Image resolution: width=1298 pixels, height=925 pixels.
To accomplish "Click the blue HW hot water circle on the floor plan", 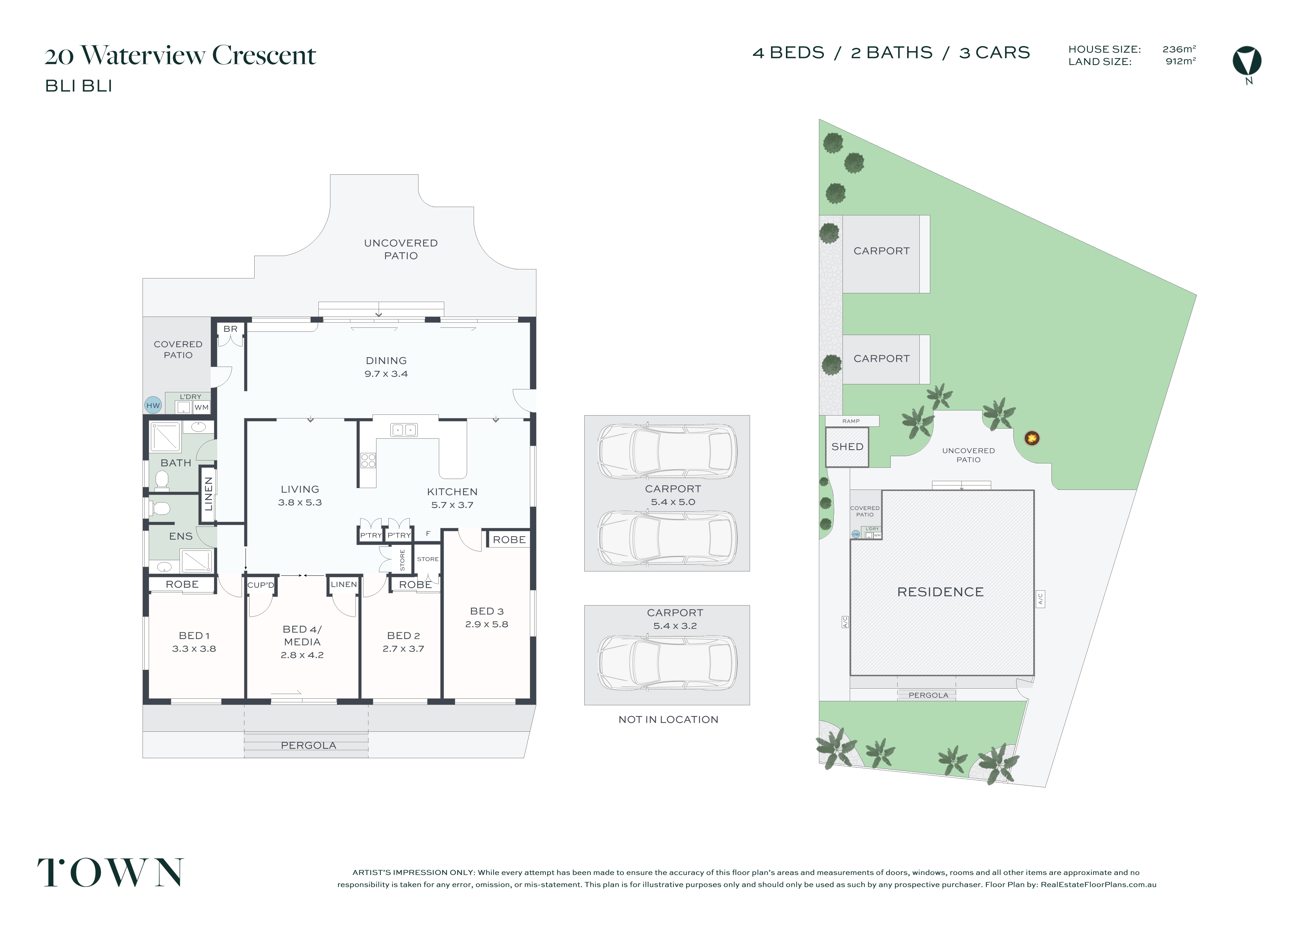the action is (153, 405).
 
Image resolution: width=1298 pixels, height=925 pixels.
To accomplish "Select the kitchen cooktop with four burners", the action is (368, 460).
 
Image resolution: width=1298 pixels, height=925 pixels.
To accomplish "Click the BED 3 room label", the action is (487, 611).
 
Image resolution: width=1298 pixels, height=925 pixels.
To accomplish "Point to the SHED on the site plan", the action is (847, 447).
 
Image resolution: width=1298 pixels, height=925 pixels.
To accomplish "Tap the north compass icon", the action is (1247, 61).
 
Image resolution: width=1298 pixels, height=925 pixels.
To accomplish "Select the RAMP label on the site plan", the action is (851, 421).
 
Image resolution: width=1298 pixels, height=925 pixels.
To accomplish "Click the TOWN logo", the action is (111, 872).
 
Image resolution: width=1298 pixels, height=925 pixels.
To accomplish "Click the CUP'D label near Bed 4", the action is (261, 585).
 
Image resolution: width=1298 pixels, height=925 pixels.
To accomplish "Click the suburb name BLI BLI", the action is (79, 86).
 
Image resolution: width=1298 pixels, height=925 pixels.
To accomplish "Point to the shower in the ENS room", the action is (196, 561).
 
